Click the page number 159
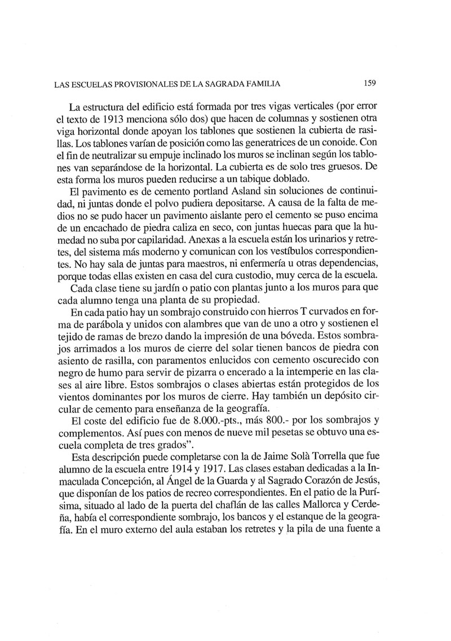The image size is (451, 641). [x=369, y=84]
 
